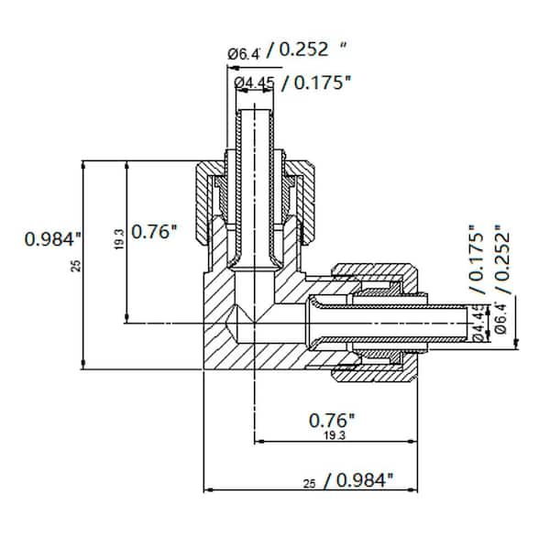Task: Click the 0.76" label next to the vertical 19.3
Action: [x=152, y=232]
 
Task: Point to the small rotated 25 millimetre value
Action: [x=77, y=266]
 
